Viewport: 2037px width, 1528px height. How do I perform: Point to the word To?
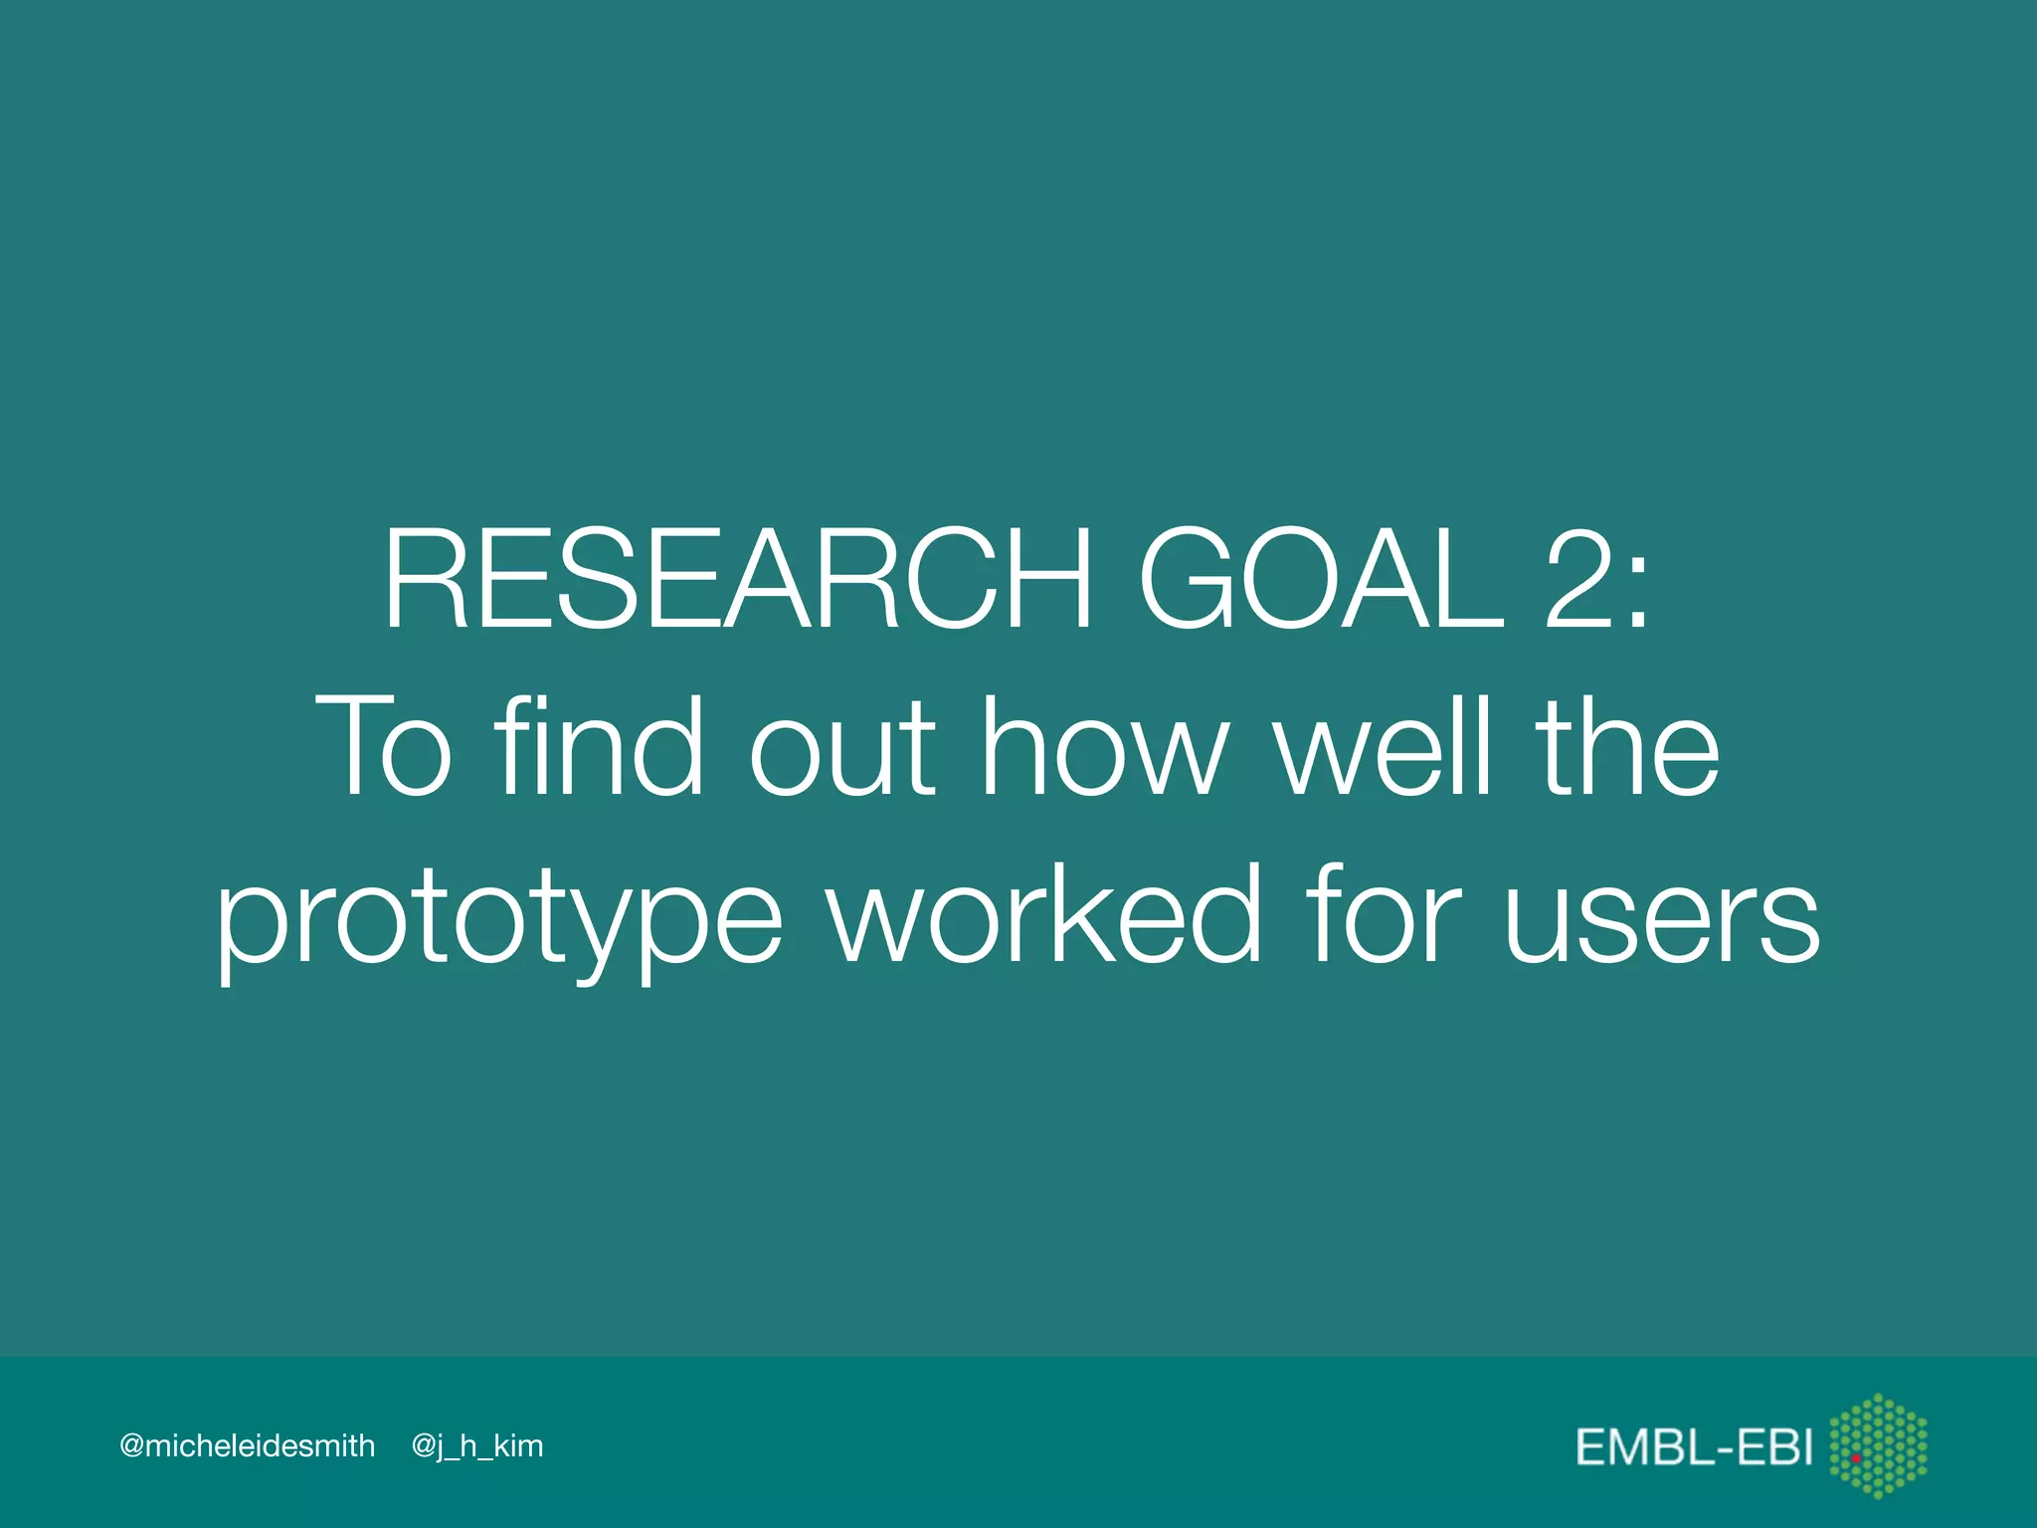[384, 748]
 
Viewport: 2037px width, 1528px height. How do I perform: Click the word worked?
[1044, 915]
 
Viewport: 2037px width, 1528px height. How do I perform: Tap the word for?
[1383, 915]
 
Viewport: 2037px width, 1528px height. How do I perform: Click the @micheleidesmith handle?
[247, 1445]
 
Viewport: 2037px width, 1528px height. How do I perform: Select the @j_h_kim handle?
[477, 1446]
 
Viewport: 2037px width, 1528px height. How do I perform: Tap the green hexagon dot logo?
[1878, 1445]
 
